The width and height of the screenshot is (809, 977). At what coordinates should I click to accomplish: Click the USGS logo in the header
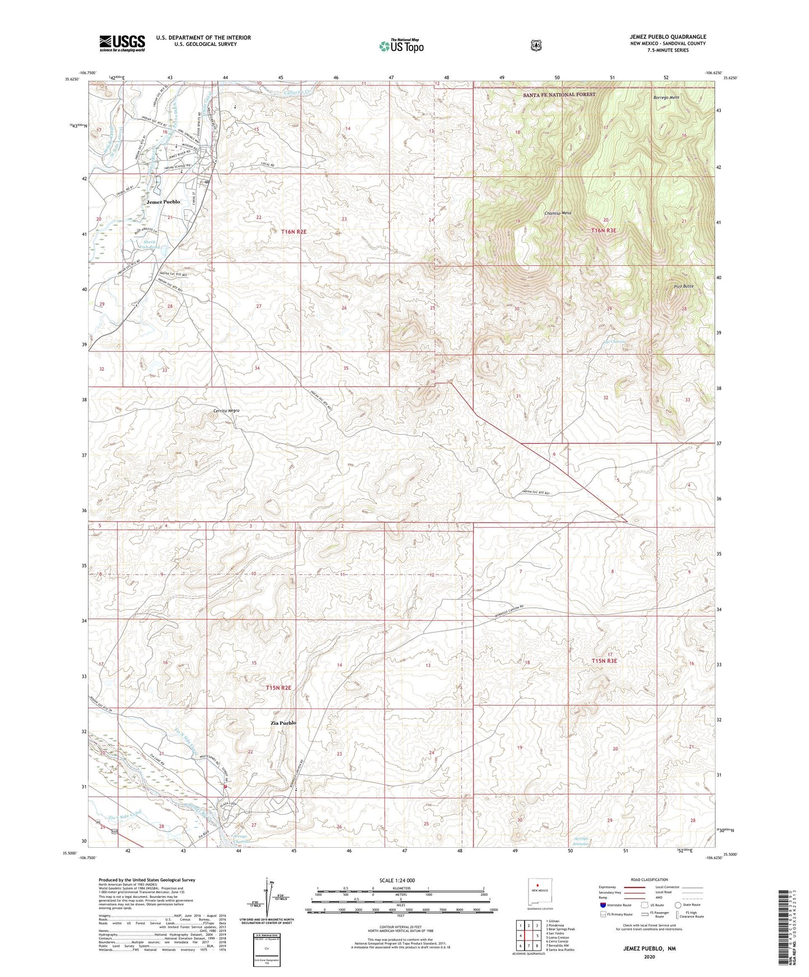point(122,43)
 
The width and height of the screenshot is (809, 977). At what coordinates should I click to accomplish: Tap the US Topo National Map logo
point(400,45)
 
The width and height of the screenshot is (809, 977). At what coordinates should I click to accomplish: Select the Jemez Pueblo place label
point(163,201)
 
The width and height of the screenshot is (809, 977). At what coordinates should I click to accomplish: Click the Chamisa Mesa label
point(557,213)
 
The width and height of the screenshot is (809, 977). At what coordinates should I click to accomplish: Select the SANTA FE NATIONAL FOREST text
point(559,95)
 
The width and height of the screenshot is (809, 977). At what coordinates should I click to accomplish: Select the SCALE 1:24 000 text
point(397,881)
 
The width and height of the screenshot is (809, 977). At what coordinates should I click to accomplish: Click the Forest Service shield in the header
point(536,45)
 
